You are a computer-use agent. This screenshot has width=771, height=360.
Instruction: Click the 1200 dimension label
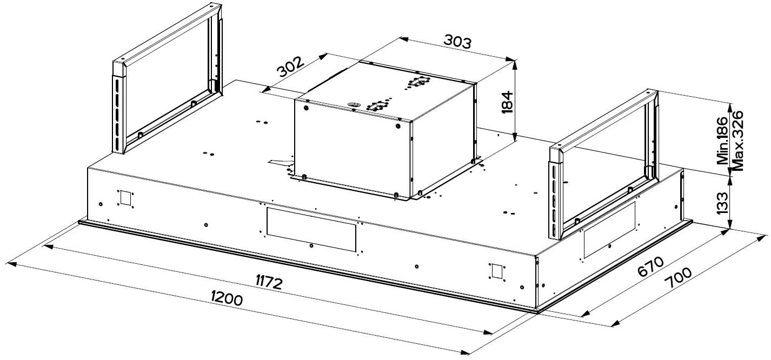(x=227, y=298)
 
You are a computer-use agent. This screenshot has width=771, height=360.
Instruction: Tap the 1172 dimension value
(x=269, y=283)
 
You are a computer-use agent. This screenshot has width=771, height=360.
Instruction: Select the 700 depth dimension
(x=677, y=278)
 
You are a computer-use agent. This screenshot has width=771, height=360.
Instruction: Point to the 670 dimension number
(x=650, y=266)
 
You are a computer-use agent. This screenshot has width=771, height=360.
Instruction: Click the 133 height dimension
(x=722, y=203)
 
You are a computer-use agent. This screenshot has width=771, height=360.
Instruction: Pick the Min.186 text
(x=722, y=141)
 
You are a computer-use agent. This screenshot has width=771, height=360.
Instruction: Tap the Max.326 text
(x=737, y=141)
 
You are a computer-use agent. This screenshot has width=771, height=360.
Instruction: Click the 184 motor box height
(x=507, y=102)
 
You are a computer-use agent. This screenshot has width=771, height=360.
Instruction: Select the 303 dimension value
(x=457, y=41)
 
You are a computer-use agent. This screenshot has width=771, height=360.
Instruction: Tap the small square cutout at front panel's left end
(x=125, y=197)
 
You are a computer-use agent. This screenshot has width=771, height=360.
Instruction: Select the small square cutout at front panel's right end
(x=497, y=271)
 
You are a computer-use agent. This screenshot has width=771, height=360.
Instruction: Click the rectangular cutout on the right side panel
(x=609, y=230)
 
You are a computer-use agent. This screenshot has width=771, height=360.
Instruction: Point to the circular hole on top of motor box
(x=353, y=104)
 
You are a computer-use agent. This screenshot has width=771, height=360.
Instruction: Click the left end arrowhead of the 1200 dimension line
(x=11, y=264)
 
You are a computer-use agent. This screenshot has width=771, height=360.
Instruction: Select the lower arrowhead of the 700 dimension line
(x=615, y=324)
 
